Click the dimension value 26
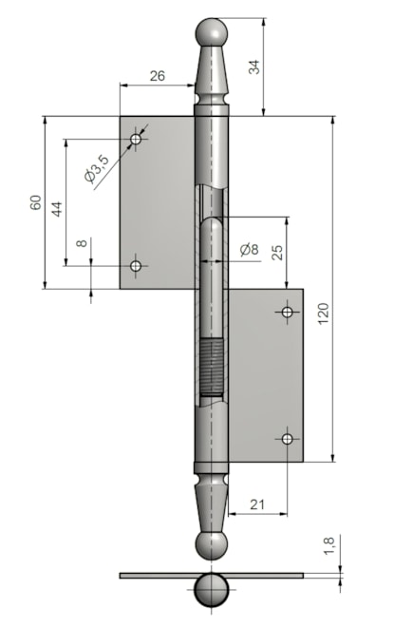pos(158,75)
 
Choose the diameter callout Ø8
pos(249,250)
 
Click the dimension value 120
pos(323,313)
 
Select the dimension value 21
pos(257,505)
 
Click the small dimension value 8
pos(83,244)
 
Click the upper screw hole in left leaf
pos(137,141)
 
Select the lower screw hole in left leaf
pos(137,267)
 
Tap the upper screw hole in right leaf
pos(287,312)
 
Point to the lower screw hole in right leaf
pos(287,438)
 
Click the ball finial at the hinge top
pos(213,34)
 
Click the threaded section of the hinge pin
pos(213,369)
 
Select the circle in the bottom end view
pos(213,589)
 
